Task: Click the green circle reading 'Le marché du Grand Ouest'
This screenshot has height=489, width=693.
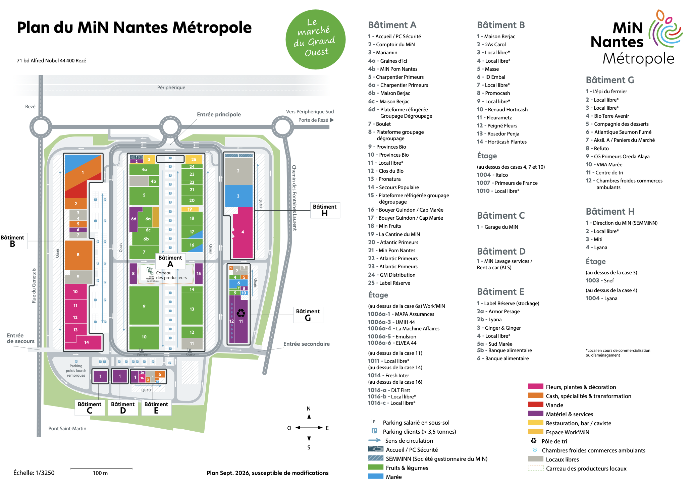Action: pos(315,40)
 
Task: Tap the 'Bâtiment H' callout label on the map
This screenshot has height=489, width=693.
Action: pos(325,210)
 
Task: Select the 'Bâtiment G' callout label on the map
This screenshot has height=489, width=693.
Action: pos(308,315)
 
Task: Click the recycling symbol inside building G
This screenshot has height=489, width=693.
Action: pos(241,313)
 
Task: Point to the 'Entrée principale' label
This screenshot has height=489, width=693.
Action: pos(219,114)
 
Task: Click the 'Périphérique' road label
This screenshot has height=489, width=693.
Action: pos(171,88)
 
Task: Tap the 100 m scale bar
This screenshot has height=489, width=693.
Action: pos(101,468)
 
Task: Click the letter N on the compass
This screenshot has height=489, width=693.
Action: pos(309,409)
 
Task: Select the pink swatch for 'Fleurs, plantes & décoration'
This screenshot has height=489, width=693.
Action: pos(536,386)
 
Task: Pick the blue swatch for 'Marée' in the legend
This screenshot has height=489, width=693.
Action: pos(376,476)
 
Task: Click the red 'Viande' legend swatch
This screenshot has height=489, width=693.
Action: pos(536,404)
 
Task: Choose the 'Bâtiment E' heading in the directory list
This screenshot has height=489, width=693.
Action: pos(500,291)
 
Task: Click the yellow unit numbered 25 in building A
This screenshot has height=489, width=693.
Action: pos(194,159)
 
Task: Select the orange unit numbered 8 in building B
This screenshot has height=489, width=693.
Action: pos(78,255)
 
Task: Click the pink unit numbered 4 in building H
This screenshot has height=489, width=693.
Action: pos(243,232)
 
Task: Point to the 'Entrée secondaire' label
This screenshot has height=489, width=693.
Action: pos(307,344)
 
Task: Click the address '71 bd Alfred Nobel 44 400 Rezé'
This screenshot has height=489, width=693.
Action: pos(51,61)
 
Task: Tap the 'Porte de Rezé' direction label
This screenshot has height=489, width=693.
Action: pos(313,120)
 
